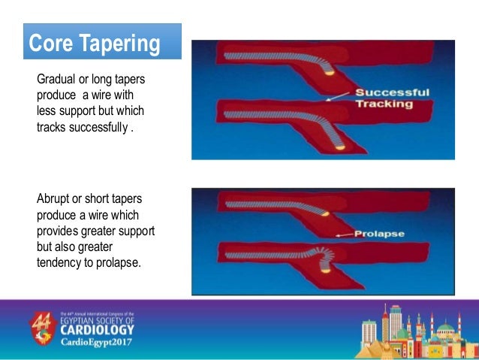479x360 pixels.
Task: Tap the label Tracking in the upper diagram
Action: click(384, 104)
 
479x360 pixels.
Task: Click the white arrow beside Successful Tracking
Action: click(339, 95)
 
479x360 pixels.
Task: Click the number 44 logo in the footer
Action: click(43, 325)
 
